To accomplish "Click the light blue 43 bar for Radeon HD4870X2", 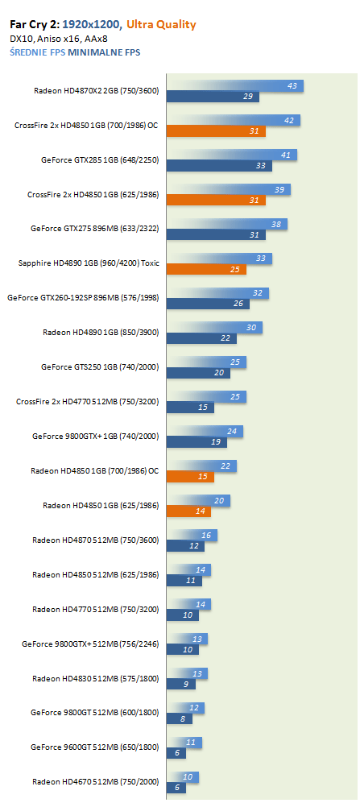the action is coord(235,86).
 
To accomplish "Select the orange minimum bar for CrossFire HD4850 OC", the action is coord(216,131).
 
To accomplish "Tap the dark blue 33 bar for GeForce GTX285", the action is coord(219,166).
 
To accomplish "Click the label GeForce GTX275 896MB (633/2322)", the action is coord(95,229).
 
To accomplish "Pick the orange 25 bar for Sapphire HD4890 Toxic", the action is coord(206,269).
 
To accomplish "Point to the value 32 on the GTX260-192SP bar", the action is coord(258,293).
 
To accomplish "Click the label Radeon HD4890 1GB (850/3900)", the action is coord(101,333).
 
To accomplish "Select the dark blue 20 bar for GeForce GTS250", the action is coord(198,373).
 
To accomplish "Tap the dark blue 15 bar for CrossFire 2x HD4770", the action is coord(190,408).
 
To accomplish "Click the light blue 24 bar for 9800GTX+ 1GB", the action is coord(205,431).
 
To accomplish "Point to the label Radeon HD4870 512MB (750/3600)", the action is coord(96,540).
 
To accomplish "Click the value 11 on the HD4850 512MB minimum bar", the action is coord(191,581).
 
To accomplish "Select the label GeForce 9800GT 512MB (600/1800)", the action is coord(95,712).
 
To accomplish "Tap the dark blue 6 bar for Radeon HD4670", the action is coord(176,788).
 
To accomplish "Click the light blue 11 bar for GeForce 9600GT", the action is coord(184,743).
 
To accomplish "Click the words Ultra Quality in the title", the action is coord(161,25).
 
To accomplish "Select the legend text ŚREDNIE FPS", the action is coord(37,52).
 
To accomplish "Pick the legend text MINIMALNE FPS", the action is coord(104,52).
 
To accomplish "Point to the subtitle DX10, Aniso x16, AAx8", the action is coord(58,39).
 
